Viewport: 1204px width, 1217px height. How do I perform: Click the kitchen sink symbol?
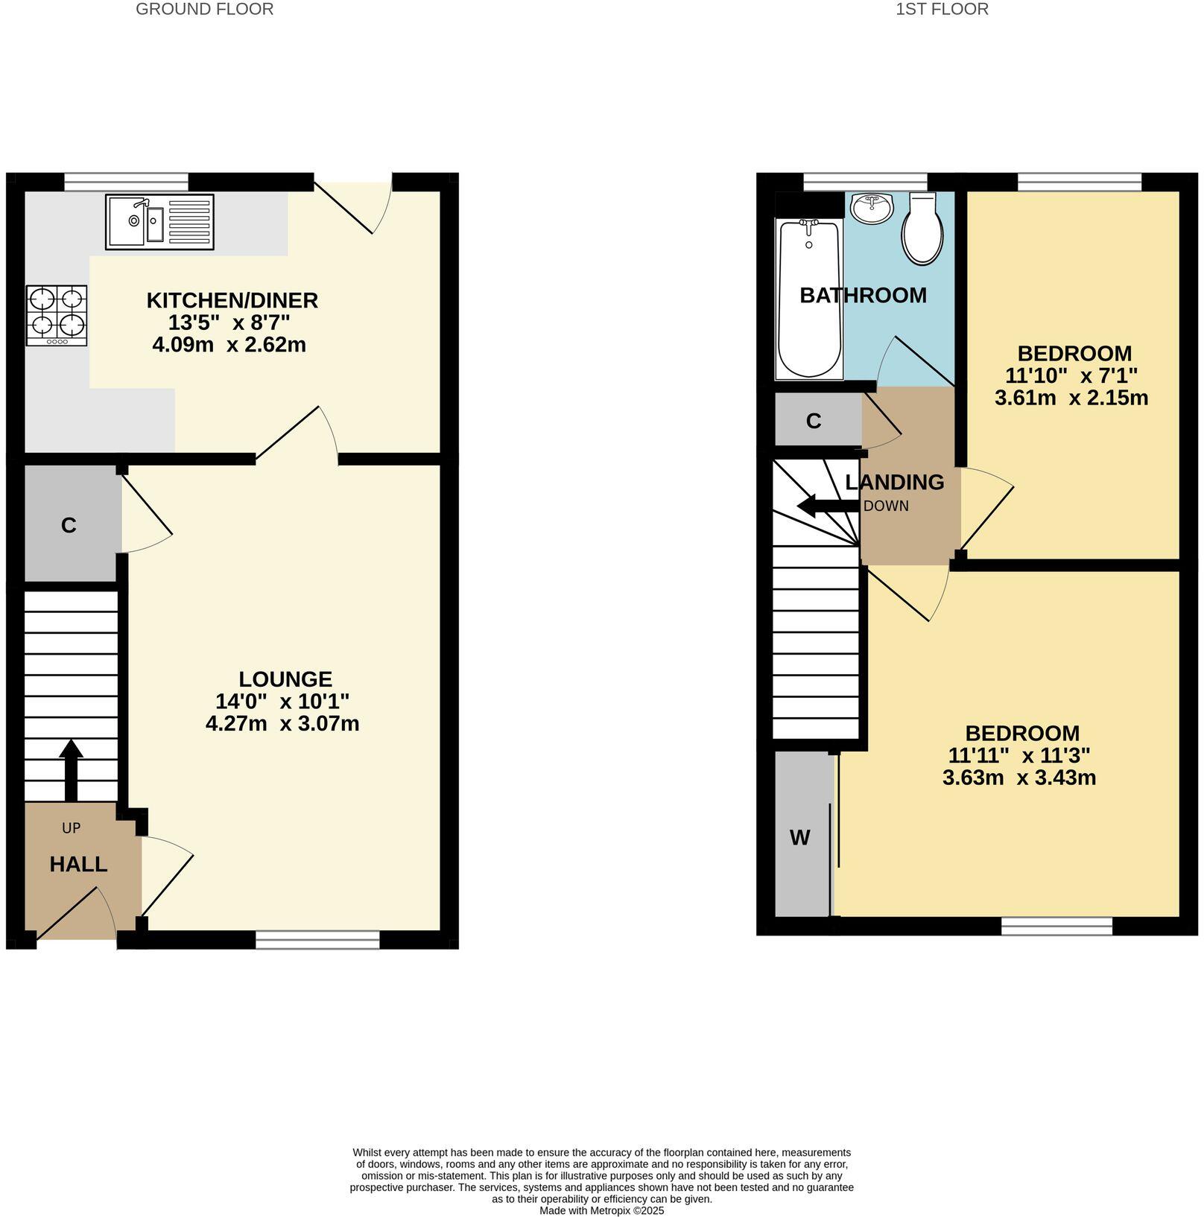(159, 222)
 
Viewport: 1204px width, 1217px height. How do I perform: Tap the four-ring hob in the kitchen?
(57, 315)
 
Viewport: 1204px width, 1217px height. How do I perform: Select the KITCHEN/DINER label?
(232, 301)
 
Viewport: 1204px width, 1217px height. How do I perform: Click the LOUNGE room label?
(285, 679)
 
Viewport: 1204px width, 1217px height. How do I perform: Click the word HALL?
(78, 865)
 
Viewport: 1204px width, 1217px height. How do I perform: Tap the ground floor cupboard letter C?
(69, 526)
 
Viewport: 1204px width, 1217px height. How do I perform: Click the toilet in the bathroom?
(922, 230)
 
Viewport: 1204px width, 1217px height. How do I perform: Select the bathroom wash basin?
(872, 209)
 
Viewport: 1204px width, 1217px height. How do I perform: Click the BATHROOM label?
(863, 296)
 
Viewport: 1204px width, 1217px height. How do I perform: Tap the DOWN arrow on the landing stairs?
(827, 507)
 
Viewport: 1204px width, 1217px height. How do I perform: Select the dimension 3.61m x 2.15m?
(1071, 398)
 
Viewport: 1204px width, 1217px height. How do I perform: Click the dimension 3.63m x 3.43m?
(1018, 778)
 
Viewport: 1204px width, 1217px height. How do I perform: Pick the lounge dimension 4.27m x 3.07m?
(282, 724)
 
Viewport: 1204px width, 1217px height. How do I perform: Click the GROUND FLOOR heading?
(204, 10)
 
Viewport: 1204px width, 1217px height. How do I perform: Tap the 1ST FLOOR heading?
(942, 10)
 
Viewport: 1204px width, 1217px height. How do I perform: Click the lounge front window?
(317, 940)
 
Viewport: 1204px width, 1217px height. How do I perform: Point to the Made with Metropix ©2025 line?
(601, 1211)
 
